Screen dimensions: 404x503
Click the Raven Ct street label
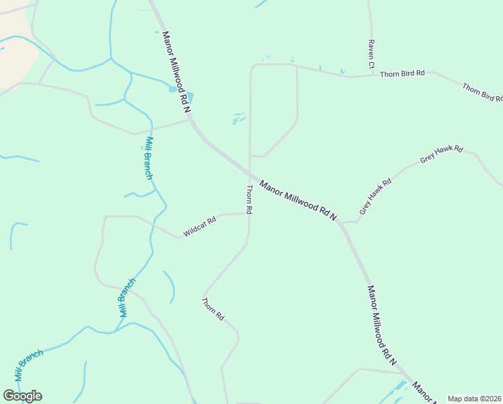point(371,54)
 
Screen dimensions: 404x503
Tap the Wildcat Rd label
point(199,226)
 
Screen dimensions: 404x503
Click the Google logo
point(22,396)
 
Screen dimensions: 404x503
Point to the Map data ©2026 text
point(475,399)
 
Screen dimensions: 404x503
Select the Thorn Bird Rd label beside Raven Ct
point(402,73)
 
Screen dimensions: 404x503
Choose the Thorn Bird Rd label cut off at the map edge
point(482,92)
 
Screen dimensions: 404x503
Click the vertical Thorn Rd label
point(249,199)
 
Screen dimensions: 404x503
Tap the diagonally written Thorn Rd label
point(212,308)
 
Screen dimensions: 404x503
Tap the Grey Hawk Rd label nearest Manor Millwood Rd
point(375,197)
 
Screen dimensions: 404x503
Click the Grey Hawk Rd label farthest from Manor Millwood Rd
point(442,154)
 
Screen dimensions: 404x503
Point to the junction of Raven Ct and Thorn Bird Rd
point(371,75)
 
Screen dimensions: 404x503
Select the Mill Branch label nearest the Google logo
point(29,366)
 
